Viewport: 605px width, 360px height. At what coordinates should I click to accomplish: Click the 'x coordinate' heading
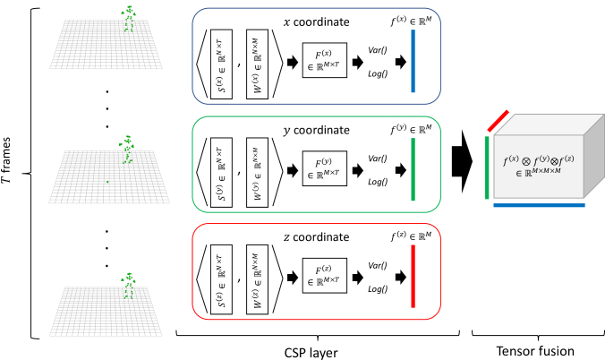[x=317, y=22]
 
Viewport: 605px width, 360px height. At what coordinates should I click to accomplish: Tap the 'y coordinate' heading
[x=317, y=131]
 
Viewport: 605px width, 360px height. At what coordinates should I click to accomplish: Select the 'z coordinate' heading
[x=317, y=236]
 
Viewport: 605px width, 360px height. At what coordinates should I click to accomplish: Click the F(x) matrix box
[x=325, y=60]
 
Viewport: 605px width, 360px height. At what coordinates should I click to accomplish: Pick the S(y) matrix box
[x=221, y=172]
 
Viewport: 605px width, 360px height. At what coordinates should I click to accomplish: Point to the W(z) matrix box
[x=258, y=279]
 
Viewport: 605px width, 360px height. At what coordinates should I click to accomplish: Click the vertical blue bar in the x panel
[x=413, y=61]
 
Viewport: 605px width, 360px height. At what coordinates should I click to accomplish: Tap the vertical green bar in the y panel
[x=413, y=169]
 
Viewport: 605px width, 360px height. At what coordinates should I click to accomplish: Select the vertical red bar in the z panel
[x=413, y=276]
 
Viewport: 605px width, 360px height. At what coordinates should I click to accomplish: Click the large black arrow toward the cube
[x=462, y=161]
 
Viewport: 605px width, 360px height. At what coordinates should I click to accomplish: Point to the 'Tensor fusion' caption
[x=535, y=351]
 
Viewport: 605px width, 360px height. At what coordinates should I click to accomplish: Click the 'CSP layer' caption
[x=311, y=353]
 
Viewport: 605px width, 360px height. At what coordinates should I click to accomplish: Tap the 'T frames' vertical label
[x=6, y=160]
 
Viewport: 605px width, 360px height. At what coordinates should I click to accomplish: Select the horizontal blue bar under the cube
[x=539, y=205]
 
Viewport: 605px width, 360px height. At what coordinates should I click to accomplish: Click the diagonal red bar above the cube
[x=498, y=121]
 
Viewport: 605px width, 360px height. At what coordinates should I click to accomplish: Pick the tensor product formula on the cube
[x=539, y=164]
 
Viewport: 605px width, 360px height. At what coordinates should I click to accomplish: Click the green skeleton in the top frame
[x=129, y=18]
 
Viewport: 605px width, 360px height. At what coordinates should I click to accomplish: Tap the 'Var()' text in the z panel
[x=378, y=266]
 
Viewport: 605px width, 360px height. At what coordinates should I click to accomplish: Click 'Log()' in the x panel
[x=378, y=73]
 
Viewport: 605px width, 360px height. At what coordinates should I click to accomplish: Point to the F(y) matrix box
[x=325, y=168]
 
